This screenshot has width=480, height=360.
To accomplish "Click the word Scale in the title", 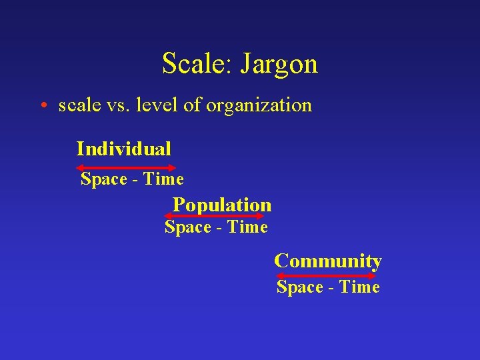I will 194,64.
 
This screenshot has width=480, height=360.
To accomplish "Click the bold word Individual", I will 123,148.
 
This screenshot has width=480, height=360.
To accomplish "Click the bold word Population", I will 222,205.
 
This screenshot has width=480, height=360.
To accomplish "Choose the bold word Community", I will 327,261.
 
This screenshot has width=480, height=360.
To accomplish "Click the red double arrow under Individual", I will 126,167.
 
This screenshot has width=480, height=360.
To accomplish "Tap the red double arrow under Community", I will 327,275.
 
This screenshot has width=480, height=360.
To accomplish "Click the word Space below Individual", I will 103,179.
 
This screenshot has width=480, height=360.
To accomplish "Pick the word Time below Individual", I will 163,179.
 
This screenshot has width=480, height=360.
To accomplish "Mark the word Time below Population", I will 247,227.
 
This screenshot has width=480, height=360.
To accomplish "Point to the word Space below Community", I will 299,287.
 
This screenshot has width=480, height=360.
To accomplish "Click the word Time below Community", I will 359,287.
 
